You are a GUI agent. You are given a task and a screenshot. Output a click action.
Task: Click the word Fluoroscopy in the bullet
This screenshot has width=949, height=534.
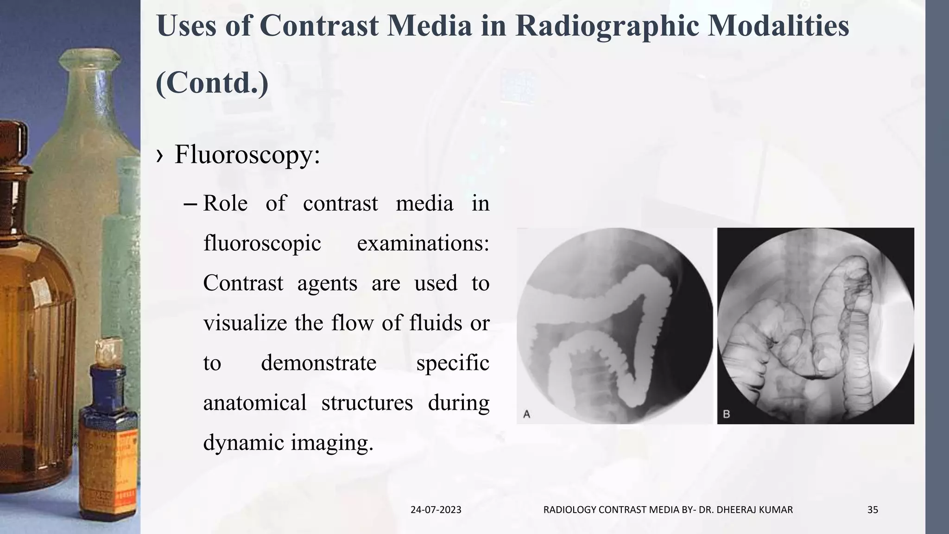(247, 154)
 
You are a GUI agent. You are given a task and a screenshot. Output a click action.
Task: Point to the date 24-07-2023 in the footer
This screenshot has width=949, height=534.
(436, 510)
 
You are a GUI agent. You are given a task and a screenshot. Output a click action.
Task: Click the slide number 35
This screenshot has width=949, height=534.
(873, 510)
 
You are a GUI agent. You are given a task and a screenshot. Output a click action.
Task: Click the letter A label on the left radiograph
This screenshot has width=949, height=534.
(527, 414)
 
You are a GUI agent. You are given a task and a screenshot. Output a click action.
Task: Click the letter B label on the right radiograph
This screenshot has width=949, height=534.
(727, 414)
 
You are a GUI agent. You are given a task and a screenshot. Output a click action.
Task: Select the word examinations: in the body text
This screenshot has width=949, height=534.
(423, 243)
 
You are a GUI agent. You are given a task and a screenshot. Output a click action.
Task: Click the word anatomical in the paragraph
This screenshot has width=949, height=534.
(255, 402)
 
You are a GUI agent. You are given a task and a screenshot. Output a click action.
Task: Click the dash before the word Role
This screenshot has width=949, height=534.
(191, 204)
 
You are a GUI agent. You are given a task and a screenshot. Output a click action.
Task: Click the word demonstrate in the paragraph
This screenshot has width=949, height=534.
(318, 363)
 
